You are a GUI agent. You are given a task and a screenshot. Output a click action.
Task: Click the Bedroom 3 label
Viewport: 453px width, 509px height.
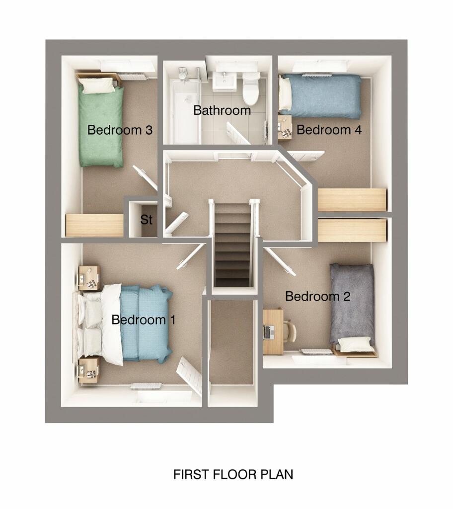coord(119,130)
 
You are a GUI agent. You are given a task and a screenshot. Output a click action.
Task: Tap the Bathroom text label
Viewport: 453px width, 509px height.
coord(222,110)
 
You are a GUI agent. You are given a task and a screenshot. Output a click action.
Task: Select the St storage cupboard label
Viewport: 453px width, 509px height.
coord(146,220)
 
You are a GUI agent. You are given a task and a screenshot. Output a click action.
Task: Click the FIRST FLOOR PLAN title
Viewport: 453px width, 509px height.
coord(233,474)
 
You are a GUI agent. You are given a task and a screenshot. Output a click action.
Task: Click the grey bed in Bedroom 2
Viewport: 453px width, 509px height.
coord(352,303)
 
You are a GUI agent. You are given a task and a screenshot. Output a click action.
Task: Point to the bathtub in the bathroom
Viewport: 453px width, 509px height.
coord(184,112)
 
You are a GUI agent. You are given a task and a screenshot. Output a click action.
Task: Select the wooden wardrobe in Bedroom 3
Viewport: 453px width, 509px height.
coord(94,225)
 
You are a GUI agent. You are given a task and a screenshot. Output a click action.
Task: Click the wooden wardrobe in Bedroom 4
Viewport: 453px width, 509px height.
coord(352,200)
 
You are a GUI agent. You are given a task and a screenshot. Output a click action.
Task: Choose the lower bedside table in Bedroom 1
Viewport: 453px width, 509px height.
coord(89,370)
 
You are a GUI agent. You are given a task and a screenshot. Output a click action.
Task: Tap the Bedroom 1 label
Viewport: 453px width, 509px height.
coord(143,320)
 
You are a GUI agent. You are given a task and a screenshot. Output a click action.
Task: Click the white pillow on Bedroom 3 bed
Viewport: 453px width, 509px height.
coord(98,85)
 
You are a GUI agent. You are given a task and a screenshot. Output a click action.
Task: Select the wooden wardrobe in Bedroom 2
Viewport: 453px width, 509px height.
coord(352,231)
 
